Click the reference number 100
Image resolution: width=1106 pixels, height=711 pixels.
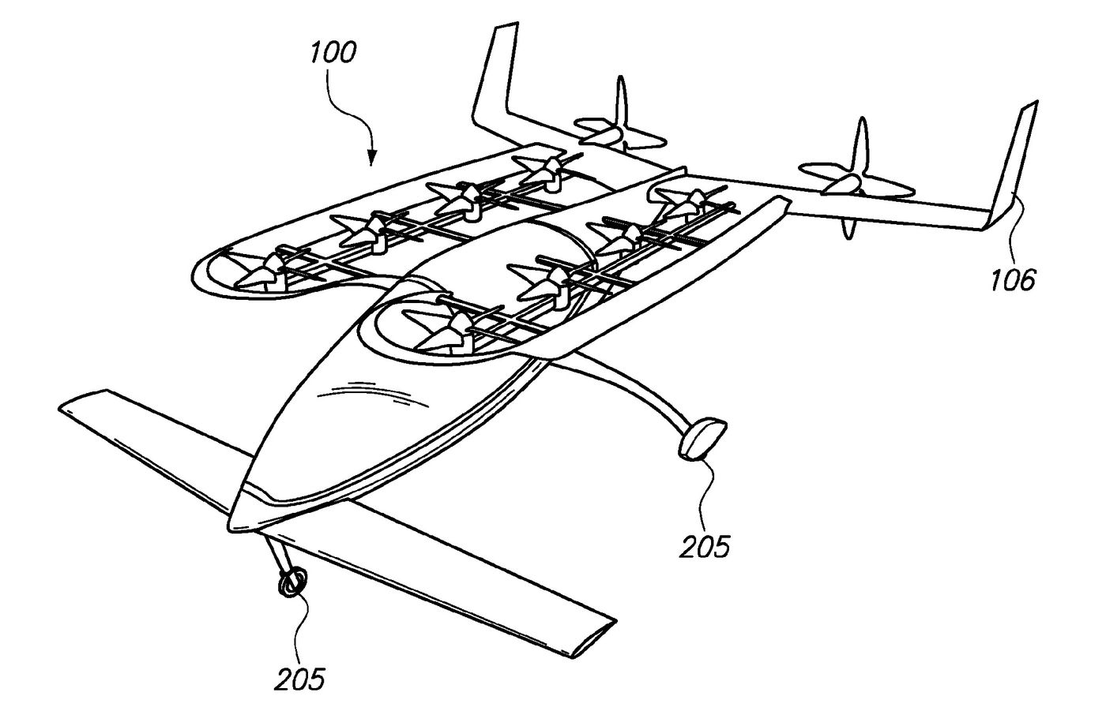pos(333,54)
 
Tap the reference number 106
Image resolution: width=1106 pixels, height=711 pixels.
pos(1014,279)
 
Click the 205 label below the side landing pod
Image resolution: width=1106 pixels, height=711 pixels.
pos(705,544)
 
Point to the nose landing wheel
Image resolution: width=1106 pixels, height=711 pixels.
pos(292,583)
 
